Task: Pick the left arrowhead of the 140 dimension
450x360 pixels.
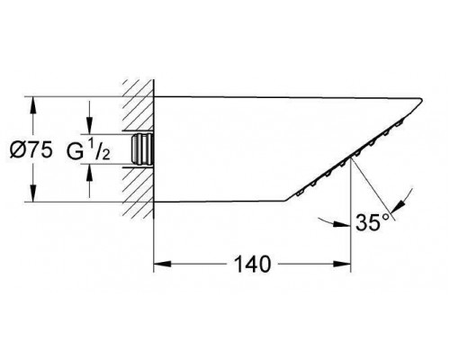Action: [159, 264]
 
